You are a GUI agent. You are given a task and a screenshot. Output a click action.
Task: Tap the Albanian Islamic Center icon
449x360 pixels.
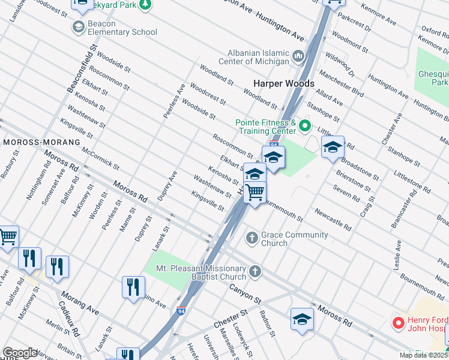coord(299,57)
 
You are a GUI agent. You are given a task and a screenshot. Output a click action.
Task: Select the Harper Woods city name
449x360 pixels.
coord(284,83)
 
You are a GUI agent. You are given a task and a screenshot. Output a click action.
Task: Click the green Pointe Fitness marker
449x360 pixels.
coord(305,126)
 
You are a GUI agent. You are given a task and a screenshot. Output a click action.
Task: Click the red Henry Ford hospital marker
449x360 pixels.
coord(397,323)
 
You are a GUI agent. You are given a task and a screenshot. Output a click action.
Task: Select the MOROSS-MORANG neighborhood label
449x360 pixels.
coord(41,142)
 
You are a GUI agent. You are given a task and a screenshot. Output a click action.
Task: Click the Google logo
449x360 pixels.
coord(20,353)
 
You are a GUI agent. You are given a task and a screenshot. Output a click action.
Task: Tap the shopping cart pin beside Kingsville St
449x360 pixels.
coord(255,193)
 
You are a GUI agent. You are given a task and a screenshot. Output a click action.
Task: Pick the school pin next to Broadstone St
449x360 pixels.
coord(333,146)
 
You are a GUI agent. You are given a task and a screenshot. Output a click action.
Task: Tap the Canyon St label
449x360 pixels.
coord(246,293)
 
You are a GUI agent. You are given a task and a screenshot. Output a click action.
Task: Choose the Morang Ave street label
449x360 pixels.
coord(79,301)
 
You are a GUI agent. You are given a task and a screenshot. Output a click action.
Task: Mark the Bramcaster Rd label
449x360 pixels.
coord(412,210)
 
